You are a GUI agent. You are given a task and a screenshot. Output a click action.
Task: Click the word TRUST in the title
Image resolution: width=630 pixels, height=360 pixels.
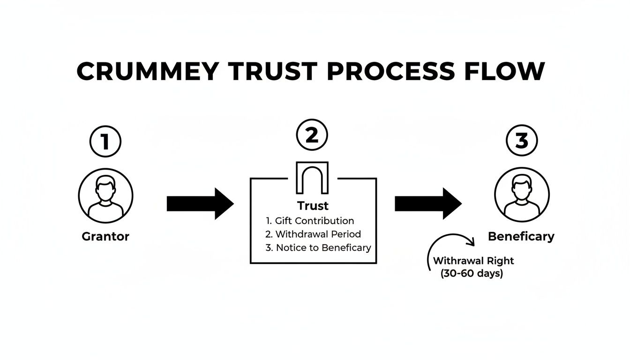(272, 72)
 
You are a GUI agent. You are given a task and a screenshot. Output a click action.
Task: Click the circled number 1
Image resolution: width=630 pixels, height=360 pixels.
(105, 141)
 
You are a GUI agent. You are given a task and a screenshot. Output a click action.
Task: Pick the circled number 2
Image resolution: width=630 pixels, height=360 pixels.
(312, 135)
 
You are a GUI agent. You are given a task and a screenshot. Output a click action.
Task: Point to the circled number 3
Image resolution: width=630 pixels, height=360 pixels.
(522, 141)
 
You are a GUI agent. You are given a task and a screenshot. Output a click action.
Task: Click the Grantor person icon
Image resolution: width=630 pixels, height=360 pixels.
(105, 195)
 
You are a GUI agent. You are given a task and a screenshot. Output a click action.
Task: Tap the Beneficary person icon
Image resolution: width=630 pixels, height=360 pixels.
(522, 195)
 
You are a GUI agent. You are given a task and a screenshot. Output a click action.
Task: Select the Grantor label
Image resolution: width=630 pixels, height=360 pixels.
(105, 236)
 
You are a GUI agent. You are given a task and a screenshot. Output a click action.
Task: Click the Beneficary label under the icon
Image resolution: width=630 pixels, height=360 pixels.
(521, 236)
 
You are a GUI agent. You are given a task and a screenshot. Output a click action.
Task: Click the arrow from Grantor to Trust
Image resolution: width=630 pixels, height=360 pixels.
(200, 204)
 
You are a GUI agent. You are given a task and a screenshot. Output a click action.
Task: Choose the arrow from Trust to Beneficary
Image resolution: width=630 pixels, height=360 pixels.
(428, 204)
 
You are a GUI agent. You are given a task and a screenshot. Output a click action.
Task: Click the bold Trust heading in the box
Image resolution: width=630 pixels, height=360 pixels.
(313, 206)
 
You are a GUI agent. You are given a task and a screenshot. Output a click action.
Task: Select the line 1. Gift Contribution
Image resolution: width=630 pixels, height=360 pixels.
(309, 220)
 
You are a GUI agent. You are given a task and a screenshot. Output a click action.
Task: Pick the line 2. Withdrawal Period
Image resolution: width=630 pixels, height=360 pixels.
(313, 234)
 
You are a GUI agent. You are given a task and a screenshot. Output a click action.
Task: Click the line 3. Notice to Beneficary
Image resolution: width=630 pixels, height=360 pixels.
(318, 247)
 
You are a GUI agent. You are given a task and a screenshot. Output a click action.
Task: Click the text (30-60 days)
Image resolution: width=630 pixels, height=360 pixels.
(472, 274)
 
